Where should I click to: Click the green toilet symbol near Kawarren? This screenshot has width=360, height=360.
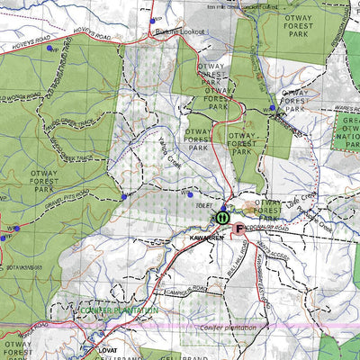click(221, 217)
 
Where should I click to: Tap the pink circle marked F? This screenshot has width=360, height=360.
click(238, 229)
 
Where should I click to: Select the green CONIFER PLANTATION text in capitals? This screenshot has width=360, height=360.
click(117, 310)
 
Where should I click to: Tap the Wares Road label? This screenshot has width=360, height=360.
click(330, 106)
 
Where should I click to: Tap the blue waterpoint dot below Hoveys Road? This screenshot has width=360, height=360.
click(49, 49)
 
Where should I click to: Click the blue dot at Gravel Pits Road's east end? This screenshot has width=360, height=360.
click(123, 196)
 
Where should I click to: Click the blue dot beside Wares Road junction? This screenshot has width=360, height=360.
click(272, 108)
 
